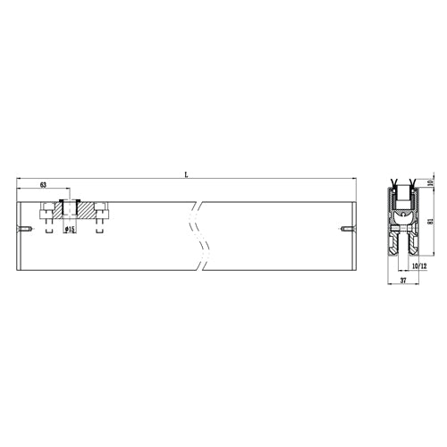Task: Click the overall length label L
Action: coord(186,175)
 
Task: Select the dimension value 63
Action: coord(42,185)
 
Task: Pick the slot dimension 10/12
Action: coord(418,265)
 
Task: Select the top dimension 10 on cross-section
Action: coord(430,184)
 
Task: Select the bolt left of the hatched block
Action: coord(45,213)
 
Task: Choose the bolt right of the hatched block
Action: coord(101,213)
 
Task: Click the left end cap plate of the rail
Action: coord(20,237)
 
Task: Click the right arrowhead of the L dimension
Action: coord(353,181)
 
